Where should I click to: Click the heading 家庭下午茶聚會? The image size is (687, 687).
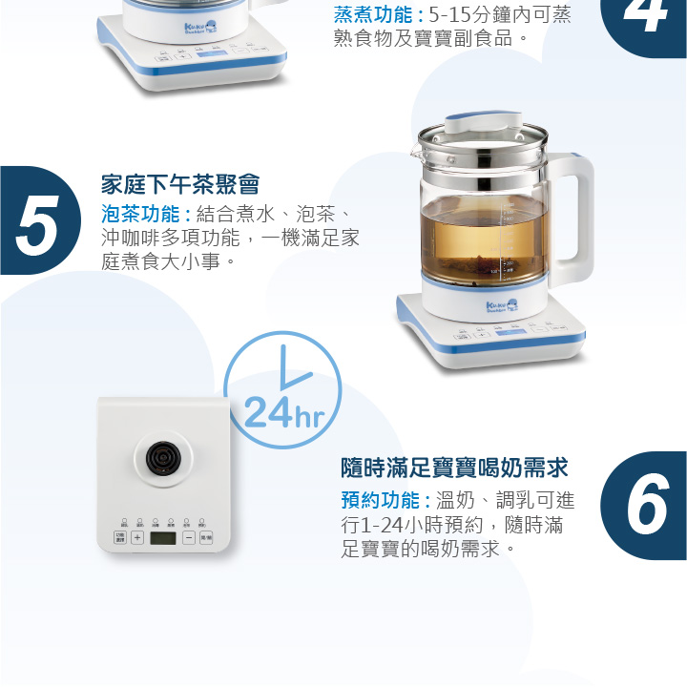click(180, 184)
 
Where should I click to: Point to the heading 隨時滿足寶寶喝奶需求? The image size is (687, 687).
click(455, 468)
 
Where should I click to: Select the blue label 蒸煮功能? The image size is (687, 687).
click(376, 15)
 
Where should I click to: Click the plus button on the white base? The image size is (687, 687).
click(136, 538)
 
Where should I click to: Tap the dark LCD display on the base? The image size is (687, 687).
click(163, 538)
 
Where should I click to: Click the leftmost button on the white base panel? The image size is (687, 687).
click(120, 538)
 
